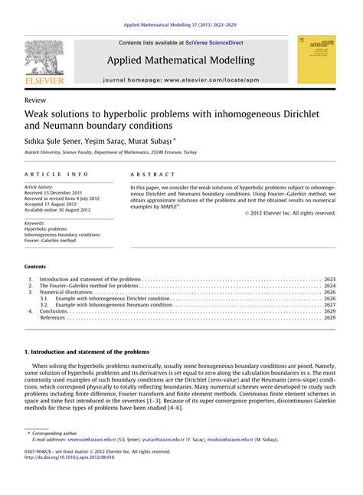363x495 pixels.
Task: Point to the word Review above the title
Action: pos(34,100)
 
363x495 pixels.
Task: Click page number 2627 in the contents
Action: pos(329,304)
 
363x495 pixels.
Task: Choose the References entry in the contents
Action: pos(54,317)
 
